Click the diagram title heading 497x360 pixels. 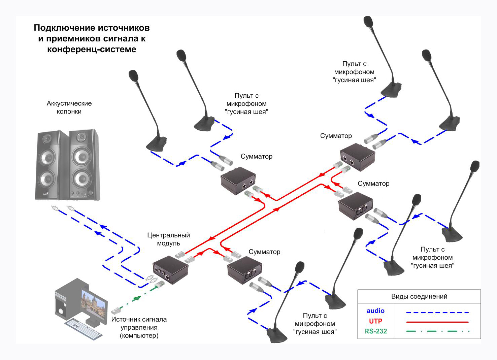[x=92, y=38]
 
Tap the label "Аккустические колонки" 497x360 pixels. [x=69, y=107]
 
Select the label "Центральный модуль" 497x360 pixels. [x=168, y=239]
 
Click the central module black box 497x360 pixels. [x=170, y=269]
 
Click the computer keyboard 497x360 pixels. [x=83, y=328]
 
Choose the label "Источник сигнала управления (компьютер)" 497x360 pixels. [x=139, y=327]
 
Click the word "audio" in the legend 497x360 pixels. [x=375, y=311]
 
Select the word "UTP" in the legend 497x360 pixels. [x=375, y=321]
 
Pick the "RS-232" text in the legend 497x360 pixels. [x=375, y=331]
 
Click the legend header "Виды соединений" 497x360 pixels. [x=419, y=296]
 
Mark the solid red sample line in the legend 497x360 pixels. [x=437, y=322]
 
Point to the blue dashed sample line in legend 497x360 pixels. [x=437, y=313]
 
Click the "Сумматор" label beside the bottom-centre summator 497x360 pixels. [x=264, y=252]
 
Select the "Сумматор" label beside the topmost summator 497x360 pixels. [x=336, y=136]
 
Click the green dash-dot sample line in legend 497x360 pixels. [x=437, y=331]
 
